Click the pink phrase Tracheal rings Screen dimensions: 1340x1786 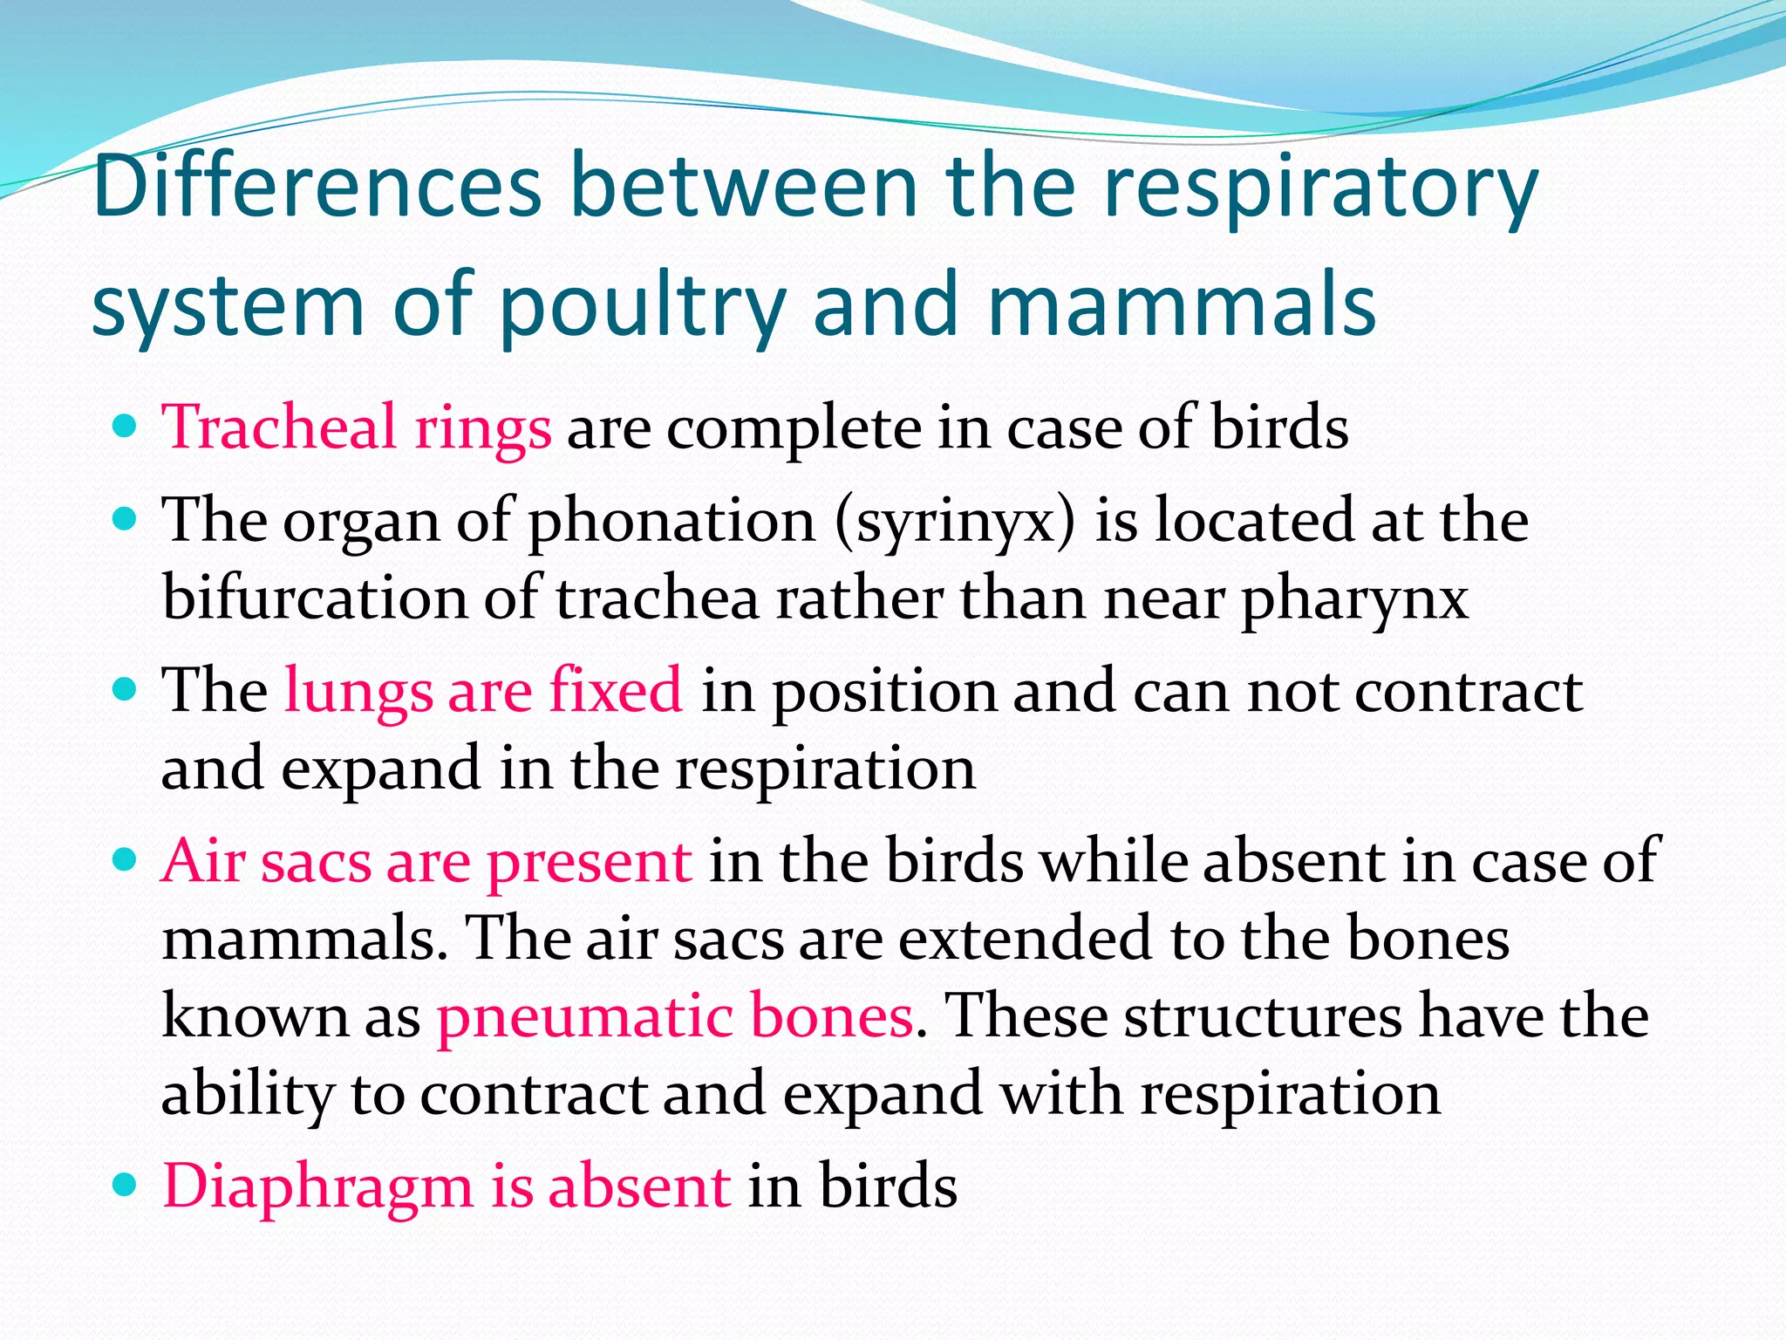pos(357,428)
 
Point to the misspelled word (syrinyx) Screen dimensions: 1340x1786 pos(955,522)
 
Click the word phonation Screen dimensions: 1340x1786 pos(671,522)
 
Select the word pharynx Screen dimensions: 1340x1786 pos(1354,600)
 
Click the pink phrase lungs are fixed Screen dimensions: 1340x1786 pos(483,690)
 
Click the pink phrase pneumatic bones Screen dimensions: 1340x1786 pos(675,1016)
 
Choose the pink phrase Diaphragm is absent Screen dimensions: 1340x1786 pos(446,1186)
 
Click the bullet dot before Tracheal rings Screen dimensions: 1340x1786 pos(126,427)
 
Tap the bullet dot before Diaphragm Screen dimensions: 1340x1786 pos(126,1185)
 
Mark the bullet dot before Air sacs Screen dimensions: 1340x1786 pos(126,860)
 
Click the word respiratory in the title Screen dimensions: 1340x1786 pos(1320,185)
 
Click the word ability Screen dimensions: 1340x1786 pos(248,1094)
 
